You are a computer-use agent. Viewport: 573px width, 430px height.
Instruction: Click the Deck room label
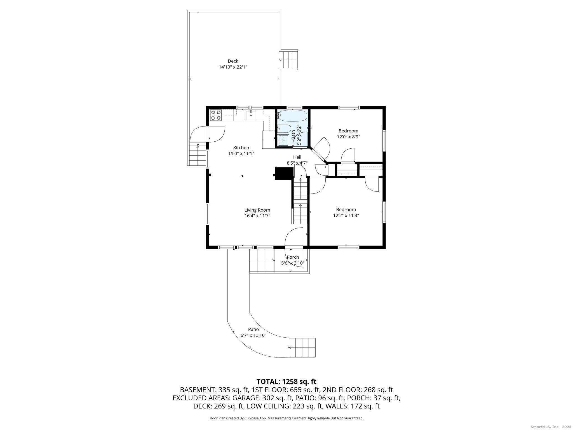233,61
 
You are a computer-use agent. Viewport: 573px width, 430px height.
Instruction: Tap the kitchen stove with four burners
216,115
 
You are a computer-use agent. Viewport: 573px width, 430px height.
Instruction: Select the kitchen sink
251,115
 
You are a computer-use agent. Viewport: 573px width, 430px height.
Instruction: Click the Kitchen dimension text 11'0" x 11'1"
241,153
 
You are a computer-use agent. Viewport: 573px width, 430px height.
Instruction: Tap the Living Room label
257,210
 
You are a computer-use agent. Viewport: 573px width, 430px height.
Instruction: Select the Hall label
297,157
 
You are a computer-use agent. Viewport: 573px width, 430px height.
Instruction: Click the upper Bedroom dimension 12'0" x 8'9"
348,137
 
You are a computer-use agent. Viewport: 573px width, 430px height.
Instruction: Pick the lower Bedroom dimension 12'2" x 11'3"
346,216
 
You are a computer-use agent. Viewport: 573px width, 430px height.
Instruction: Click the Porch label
293,257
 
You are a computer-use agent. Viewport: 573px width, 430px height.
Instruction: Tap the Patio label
253,329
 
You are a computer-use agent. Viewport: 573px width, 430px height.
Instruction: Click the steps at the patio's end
302,348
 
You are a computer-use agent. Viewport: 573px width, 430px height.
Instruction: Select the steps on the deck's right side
289,60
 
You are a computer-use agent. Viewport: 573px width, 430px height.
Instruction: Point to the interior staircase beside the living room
300,201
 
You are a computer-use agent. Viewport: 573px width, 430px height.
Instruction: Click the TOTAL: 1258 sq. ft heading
286,381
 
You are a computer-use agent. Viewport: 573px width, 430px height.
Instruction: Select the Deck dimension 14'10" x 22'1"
233,67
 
